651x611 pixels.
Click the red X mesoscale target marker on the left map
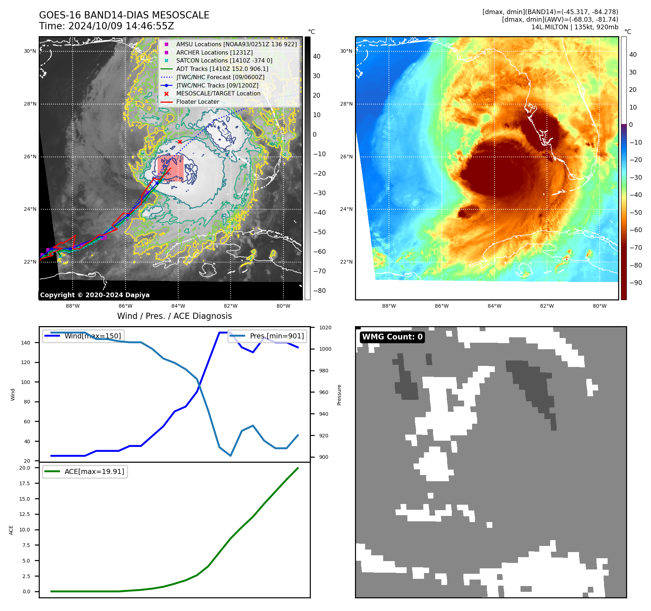tap(180, 142)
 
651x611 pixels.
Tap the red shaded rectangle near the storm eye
tap(170, 168)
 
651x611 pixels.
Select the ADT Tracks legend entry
tap(222, 69)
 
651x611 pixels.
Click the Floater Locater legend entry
tap(197, 102)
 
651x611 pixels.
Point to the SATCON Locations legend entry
tap(224, 61)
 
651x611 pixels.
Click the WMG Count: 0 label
tap(392, 337)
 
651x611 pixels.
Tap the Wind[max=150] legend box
tap(83, 336)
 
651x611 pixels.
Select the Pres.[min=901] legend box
tap(267, 336)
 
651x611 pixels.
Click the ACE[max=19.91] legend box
tap(85, 471)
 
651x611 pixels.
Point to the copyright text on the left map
tap(95, 295)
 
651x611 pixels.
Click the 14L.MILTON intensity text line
tap(574, 27)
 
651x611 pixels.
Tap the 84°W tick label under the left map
tap(178, 306)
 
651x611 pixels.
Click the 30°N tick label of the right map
tap(346, 51)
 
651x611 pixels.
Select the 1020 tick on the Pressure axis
tap(325, 328)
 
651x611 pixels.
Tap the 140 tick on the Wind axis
tap(26, 343)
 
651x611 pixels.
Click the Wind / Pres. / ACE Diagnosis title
tap(174, 316)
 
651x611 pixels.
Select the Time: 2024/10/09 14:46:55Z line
tap(107, 26)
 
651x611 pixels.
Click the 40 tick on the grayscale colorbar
tap(317, 56)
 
